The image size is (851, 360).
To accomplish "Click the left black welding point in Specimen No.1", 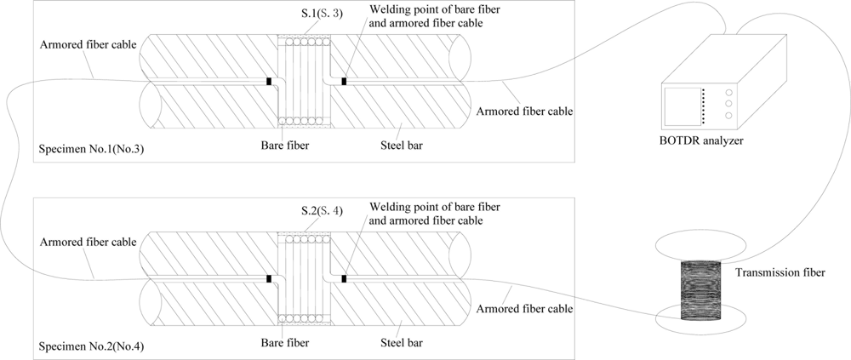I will point(270,82).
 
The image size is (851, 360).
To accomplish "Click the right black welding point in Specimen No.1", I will point(343,82).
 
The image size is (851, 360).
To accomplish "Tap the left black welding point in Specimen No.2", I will point(270,278).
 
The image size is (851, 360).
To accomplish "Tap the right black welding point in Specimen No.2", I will point(343,278).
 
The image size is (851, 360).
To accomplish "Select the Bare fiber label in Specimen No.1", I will point(284,146).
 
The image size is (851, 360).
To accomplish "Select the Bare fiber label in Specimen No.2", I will point(284,343).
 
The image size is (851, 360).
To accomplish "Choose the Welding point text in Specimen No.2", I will point(425,214).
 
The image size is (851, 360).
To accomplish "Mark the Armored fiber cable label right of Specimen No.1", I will point(524,111).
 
